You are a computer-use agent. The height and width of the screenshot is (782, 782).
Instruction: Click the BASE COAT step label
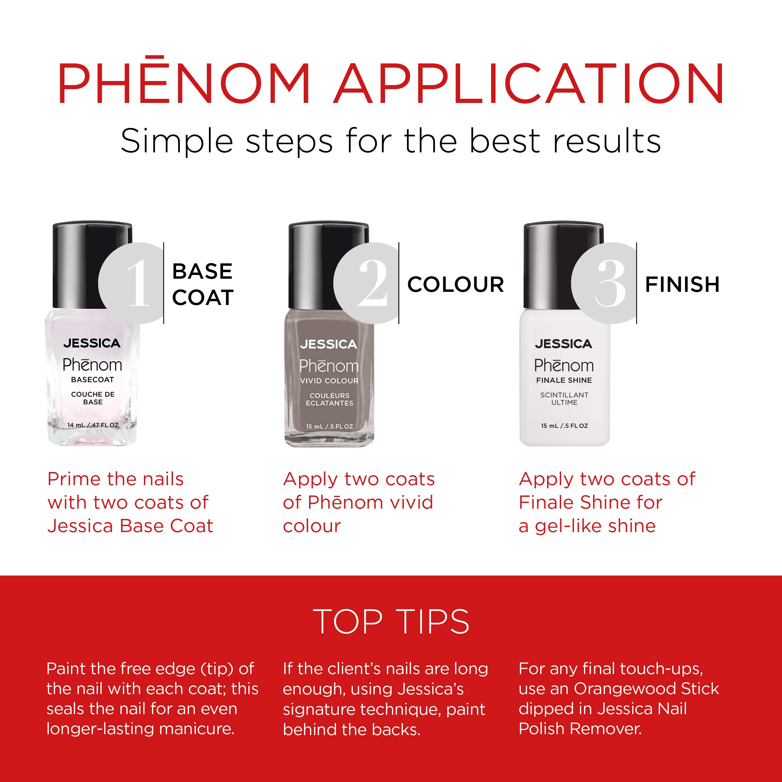(x=203, y=284)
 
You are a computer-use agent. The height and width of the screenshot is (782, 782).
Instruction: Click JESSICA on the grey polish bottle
(x=329, y=344)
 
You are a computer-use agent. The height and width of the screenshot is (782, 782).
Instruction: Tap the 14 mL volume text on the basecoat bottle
(x=93, y=425)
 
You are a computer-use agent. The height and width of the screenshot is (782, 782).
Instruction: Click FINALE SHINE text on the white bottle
(x=564, y=380)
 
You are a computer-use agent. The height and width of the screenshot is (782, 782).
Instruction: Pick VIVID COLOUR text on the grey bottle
(x=329, y=381)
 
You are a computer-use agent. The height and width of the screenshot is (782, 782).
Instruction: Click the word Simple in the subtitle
(x=177, y=142)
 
